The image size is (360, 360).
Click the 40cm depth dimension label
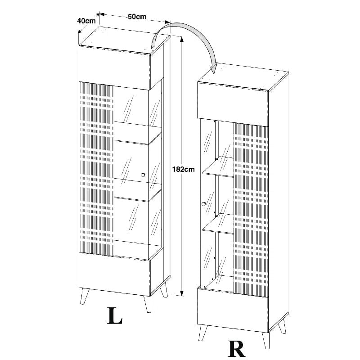(x=86, y=21)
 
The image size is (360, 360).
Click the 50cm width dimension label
(x=137, y=17)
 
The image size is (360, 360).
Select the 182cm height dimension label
(x=183, y=170)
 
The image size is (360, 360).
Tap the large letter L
(x=115, y=316)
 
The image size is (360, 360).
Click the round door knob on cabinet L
(x=143, y=175)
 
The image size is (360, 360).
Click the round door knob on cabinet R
(x=203, y=204)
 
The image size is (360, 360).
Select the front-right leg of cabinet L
(x=148, y=304)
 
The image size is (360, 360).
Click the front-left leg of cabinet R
(x=202, y=332)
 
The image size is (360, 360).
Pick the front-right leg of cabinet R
(x=265, y=341)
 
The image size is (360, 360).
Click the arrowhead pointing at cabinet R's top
(x=214, y=68)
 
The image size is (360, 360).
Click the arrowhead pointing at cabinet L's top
(x=154, y=43)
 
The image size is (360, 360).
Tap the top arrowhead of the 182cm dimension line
(x=182, y=40)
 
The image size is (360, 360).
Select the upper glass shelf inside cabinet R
(x=218, y=166)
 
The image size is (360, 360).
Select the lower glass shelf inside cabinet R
(x=218, y=224)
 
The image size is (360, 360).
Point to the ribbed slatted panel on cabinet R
(x=251, y=210)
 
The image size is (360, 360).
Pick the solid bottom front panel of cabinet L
(x=114, y=274)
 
